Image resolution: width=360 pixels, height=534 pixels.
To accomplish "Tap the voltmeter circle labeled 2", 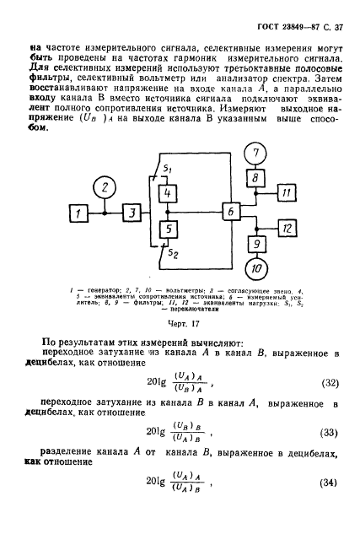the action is [103, 186].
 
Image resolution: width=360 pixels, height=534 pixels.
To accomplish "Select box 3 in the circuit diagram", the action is [132, 214].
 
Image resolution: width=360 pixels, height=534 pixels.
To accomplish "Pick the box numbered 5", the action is [169, 228].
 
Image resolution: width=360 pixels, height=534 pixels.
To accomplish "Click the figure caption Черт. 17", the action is [180, 322].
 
